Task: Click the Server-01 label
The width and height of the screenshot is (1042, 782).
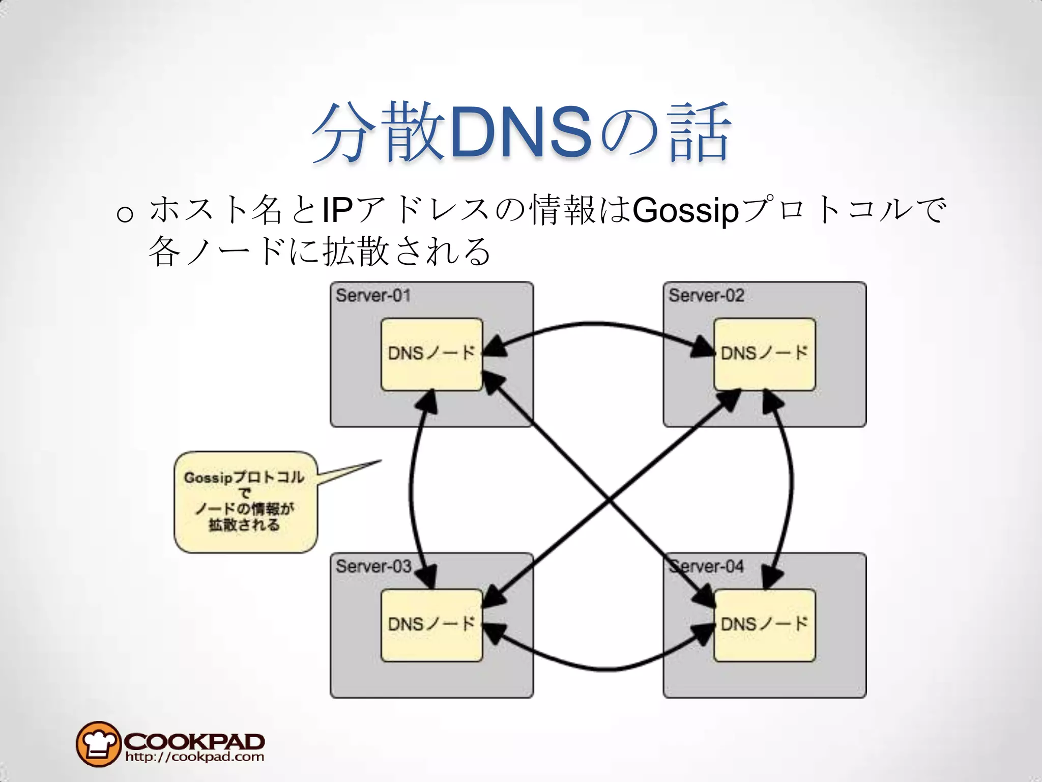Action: pyautogui.click(x=373, y=295)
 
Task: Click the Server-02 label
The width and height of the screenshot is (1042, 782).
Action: pyautogui.click(x=706, y=295)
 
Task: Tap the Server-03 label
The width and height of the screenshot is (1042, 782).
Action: pyautogui.click(x=373, y=566)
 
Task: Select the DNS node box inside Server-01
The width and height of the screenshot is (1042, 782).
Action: pyautogui.click(x=431, y=354)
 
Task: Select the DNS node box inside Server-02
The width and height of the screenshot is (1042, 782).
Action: pyautogui.click(x=764, y=354)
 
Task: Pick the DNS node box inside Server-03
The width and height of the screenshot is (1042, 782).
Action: pyautogui.click(x=431, y=625)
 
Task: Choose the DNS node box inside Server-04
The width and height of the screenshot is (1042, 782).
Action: pyautogui.click(x=764, y=625)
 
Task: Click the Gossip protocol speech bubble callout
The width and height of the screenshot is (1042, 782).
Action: pyautogui.click(x=246, y=501)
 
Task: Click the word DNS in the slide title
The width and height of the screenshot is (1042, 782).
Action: pyautogui.click(x=521, y=133)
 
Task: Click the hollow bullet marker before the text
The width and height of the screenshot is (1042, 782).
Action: pyautogui.click(x=125, y=214)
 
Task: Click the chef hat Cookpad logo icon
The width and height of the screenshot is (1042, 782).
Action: pyautogui.click(x=98, y=743)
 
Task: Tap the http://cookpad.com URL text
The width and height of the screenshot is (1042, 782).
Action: pyautogui.click(x=194, y=757)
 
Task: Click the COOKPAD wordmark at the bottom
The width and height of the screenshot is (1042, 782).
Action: pyautogui.click(x=194, y=741)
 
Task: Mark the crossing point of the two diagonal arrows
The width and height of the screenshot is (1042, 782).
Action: pyautogui.click(x=609, y=501)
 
